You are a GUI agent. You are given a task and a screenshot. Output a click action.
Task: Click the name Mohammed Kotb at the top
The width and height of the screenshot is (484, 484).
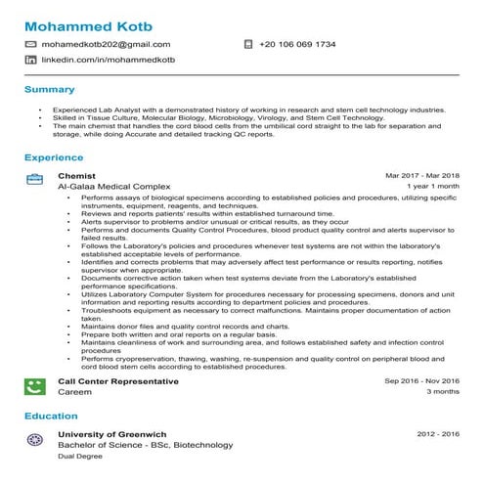88,23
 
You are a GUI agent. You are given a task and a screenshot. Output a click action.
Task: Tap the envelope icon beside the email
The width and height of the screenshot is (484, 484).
31,44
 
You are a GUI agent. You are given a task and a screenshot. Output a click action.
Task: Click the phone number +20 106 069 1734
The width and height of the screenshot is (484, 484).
297,44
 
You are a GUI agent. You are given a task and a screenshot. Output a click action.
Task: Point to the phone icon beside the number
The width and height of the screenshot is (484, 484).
247,44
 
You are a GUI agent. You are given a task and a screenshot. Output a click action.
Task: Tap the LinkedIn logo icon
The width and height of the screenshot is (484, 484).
31,60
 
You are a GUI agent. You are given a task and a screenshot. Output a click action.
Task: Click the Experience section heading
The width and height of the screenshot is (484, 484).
53,156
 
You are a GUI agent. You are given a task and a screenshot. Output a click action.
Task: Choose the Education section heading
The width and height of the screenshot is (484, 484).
51,417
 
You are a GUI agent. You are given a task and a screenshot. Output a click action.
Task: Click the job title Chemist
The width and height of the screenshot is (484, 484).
76,175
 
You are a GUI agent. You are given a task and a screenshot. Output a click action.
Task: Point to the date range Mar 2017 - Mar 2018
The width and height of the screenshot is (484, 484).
422,175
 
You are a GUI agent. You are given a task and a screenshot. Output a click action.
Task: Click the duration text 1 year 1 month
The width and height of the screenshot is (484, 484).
433,185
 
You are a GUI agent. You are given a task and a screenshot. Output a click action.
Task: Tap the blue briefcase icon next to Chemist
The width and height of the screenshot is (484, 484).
33,179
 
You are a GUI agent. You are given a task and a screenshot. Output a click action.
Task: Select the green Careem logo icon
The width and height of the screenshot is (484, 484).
33,385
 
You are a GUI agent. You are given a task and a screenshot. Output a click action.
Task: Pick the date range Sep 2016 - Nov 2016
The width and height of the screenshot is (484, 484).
421,381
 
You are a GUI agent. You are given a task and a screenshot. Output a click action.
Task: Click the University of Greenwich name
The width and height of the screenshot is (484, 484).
112,434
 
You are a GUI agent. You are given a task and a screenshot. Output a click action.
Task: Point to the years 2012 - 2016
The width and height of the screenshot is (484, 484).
438,434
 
